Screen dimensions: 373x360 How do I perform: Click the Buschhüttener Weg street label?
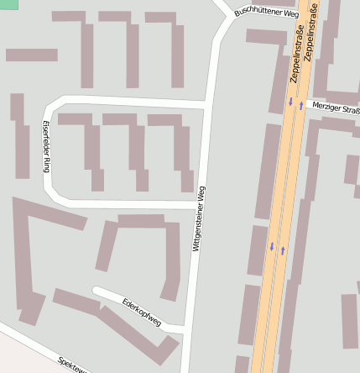click(x=266, y=13)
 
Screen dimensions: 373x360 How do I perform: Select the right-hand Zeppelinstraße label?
click(x=310, y=34)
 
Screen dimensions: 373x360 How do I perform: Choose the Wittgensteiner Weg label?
click(x=200, y=218)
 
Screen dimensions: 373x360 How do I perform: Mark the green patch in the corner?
click(x=8, y=5)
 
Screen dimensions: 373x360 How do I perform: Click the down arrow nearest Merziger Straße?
click(x=291, y=102)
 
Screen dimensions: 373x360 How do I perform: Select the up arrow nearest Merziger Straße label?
click(x=300, y=106)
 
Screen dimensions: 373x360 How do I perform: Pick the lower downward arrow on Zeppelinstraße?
click(x=271, y=246)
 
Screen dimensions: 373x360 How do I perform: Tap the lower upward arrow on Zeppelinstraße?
click(x=283, y=250)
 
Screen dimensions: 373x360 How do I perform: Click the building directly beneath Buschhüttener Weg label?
click(x=267, y=35)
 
